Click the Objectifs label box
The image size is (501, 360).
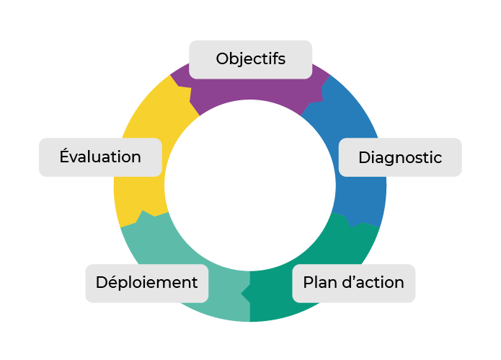[250, 59]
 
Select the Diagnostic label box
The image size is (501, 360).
[399, 157]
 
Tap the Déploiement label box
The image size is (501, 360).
[147, 283]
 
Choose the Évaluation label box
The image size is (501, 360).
[100, 157]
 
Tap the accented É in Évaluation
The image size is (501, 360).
[66, 156]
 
